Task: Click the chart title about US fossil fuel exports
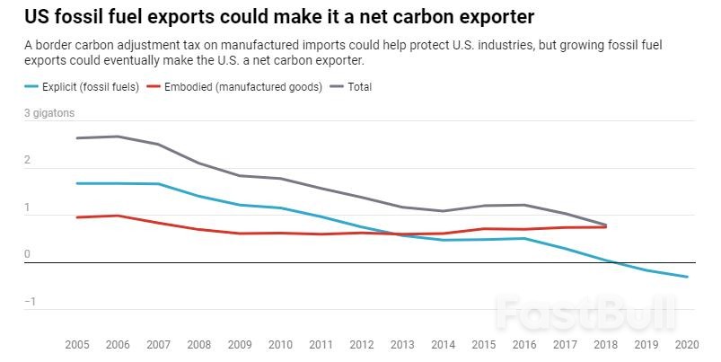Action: [x=277, y=17]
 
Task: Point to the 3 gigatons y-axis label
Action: [x=48, y=113]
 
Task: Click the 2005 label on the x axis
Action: [x=78, y=345]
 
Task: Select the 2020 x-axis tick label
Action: [x=688, y=345]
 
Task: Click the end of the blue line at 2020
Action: [x=688, y=277]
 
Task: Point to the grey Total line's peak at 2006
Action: [x=119, y=137]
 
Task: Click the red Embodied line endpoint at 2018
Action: [x=606, y=226]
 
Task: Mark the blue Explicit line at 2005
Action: [x=78, y=183]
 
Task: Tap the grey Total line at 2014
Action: [x=443, y=211]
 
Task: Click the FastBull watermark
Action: [x=586, y=314]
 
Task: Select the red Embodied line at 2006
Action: [x=119, y=216]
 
